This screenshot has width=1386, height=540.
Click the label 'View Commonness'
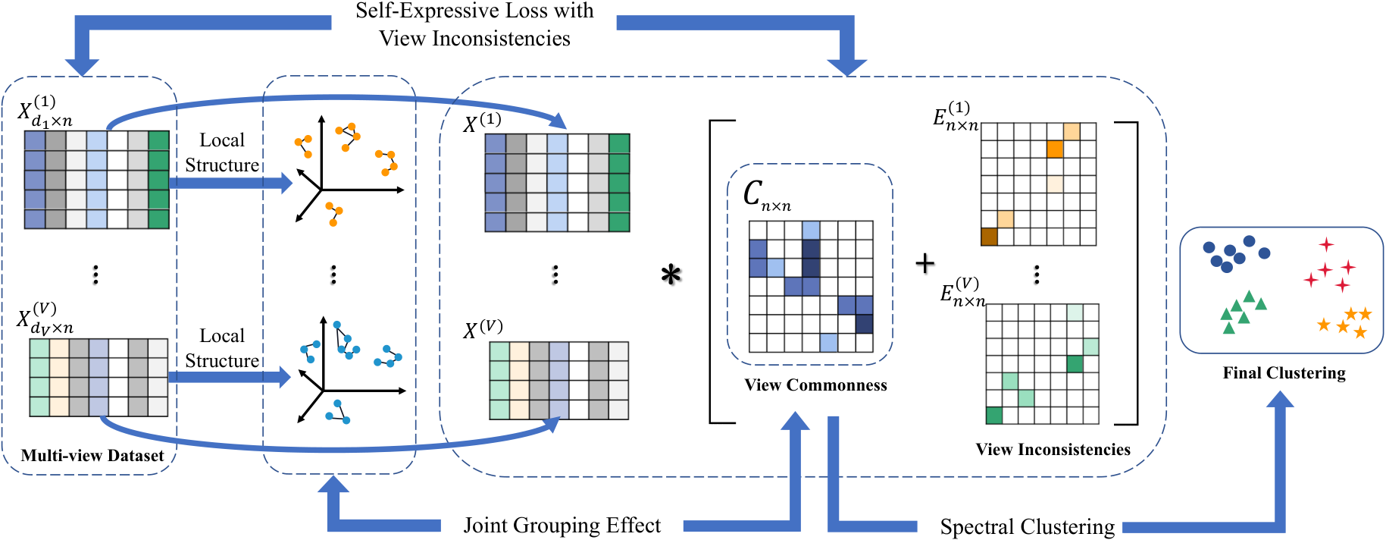[815, 385]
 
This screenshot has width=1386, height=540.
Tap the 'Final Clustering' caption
[1284, 373]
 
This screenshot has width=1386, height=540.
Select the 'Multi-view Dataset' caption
[92, 455]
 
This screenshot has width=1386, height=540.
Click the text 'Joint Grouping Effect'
[562, 526]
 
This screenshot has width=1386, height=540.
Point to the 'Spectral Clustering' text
[1027, 527]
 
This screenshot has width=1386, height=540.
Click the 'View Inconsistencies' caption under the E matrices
[1053, 450]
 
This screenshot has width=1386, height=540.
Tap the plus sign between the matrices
[925, 263]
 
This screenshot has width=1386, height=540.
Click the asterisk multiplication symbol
[671, 274]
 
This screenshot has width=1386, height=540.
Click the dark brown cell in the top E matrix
[989, 237]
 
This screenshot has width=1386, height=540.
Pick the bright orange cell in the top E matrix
[1055, 149]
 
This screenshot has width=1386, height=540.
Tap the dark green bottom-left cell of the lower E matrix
[994, 415]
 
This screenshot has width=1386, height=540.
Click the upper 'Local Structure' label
[222, 152]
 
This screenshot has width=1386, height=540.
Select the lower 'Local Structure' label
[222, 348]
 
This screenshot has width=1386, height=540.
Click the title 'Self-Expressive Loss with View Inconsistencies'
[475, 24]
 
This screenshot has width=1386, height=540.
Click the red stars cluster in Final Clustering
[1330, 265]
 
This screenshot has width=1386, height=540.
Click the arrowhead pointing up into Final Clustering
[1281, 400]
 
